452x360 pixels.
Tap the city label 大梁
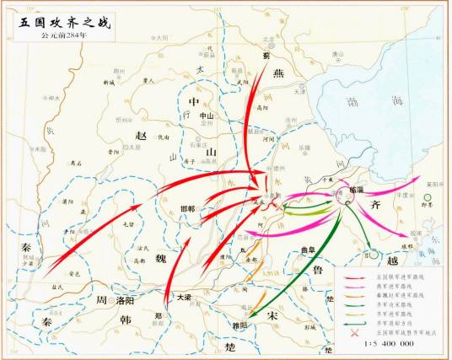(x=185, y=297)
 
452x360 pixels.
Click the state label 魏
(x=160, y=259)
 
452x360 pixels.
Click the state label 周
(x=102, y=300)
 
